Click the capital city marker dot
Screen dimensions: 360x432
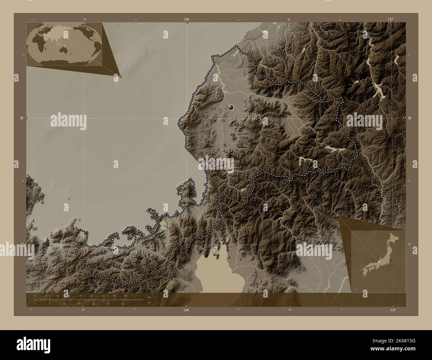point(231,107)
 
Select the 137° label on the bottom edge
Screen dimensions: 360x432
point(393,310)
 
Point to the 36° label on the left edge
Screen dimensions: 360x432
point(22,118)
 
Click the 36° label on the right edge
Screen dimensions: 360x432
point(410,118)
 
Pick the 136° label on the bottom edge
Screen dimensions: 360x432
point(186,310)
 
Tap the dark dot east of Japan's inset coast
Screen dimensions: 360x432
point(392,260)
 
